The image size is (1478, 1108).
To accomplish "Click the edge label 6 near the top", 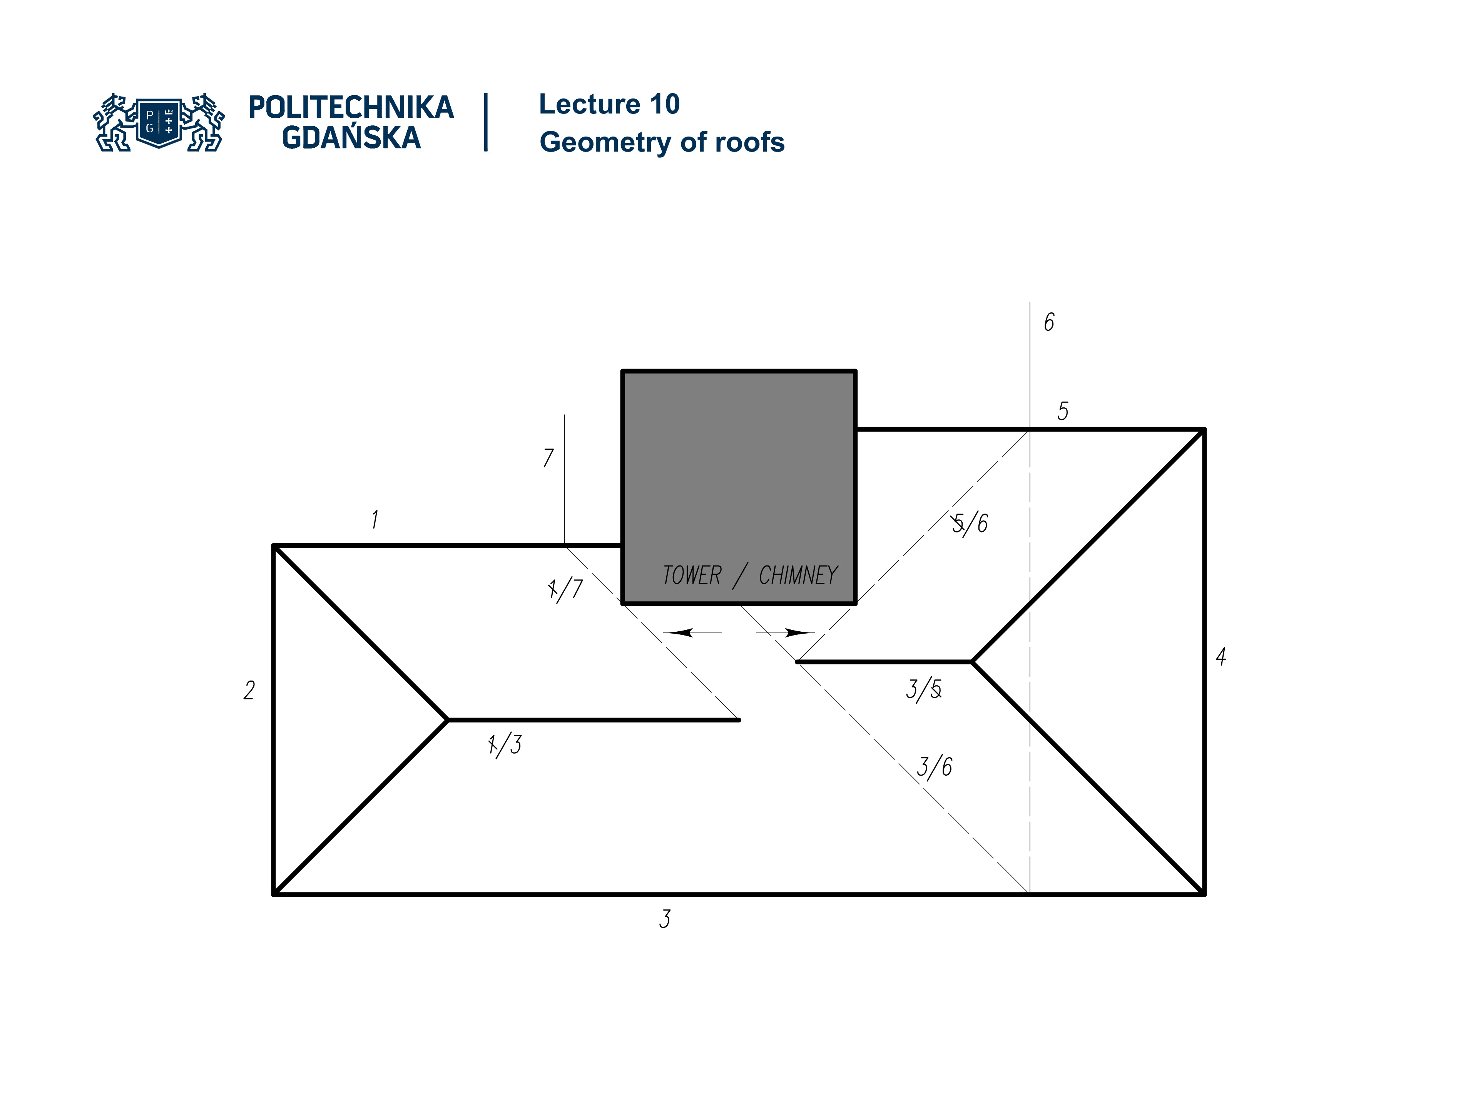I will (x=1049, y=322).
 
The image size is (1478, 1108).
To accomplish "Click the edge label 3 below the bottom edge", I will (x=664, y=919).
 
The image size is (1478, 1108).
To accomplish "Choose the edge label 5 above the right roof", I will (x=1062, y=411).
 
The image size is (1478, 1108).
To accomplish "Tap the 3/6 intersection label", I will (x=934, y=767).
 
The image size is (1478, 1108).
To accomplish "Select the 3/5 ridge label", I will (x=924, y=689).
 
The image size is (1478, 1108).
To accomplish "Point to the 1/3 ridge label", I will (x=505, y=744).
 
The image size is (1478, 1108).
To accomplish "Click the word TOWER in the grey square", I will (x=692, y=575).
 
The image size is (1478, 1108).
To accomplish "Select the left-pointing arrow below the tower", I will (x=688, y=632).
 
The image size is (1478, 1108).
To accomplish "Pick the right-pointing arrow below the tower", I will (x=788, y=632).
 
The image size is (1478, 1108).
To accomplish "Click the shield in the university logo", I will (x=159, y=122).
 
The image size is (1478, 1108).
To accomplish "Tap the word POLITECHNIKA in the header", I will (x=351, y=107).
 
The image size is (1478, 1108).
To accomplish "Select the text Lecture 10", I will (x=609, y=104).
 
